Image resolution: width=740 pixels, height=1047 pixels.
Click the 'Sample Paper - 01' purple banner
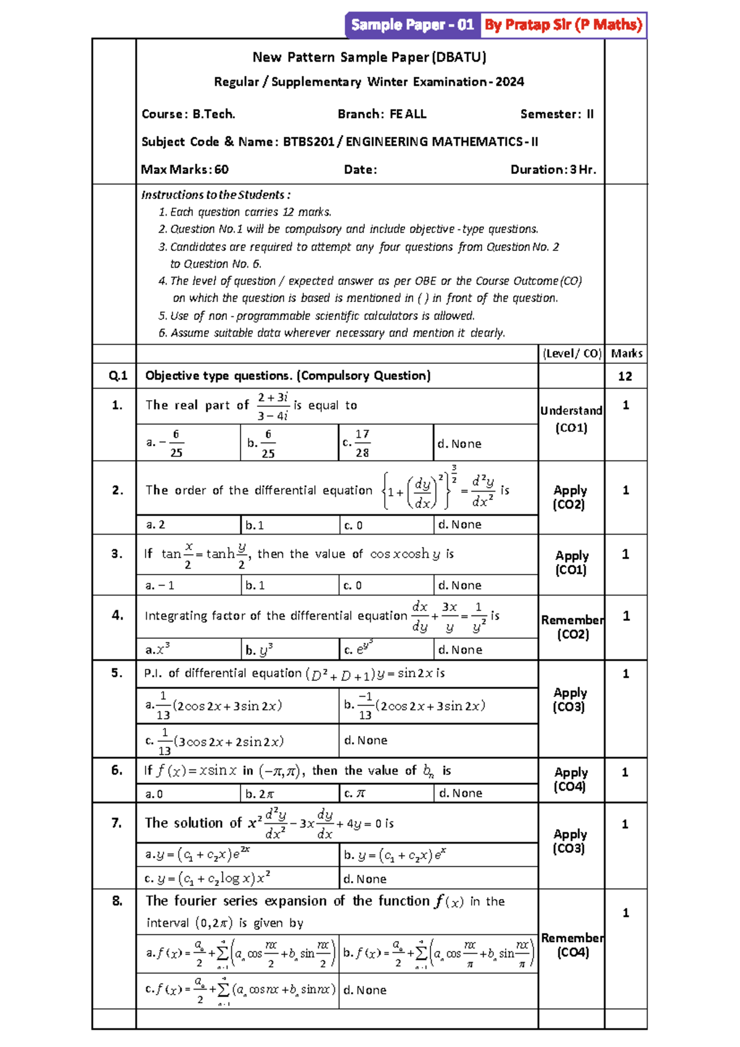tap(412, 25)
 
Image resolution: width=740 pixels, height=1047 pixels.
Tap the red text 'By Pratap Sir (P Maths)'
tap(563, 25)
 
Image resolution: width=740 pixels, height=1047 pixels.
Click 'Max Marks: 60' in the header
tap(184, 170)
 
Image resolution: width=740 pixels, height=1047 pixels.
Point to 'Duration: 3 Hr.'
tap(553, 170)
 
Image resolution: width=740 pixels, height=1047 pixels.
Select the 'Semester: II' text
tap(556, 114)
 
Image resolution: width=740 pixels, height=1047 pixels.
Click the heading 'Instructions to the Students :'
tap(215, 195)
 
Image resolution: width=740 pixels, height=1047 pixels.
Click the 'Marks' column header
tap(626, 353)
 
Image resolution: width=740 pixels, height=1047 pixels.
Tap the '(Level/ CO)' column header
tap(571, 353)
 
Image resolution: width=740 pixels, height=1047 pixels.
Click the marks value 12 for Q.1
tap(625, 376)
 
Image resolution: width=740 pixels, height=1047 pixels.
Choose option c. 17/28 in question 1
tap(357, 443)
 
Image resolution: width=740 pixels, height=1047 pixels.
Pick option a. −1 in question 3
tap(160, 585)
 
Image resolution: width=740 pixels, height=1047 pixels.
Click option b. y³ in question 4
tap(259, 649)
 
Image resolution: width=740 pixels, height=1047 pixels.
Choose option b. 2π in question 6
tap(260, 794)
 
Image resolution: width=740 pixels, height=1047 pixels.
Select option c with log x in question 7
tap(207, 878)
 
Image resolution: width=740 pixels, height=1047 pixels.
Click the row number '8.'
tap(117, 901)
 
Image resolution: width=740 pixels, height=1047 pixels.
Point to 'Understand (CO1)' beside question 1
tap(571, 419)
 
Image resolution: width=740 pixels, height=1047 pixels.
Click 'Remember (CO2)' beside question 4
tap(572, 627)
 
